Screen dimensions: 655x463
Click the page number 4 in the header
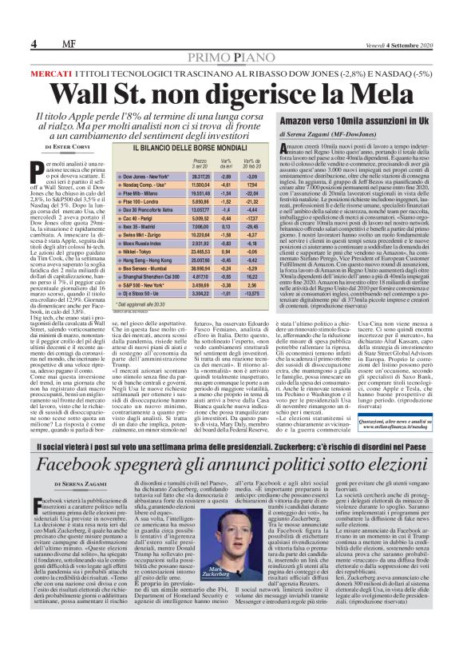tap(34, 43)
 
